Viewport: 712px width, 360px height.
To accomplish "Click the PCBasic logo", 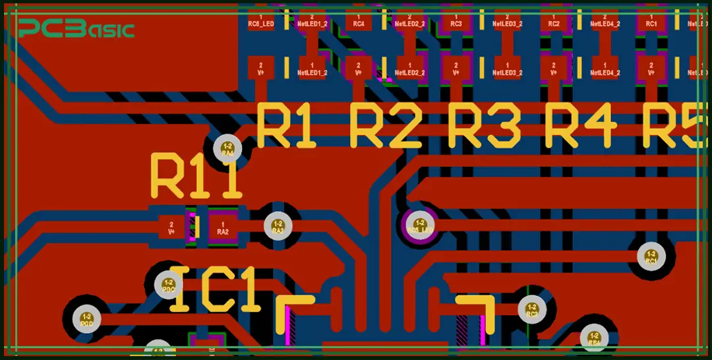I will [x=76, y=28].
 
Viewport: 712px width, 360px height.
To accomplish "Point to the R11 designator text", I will [x=196, y=176].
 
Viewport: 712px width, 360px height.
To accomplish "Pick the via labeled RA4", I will [x=228, y=149].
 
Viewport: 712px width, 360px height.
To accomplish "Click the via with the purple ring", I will [x=420, y=226].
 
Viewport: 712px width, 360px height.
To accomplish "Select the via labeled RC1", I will [x=651, y=256].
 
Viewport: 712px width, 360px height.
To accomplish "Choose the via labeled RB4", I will [x=594, y=338].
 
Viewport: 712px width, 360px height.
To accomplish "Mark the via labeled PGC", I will [x=168, y=285].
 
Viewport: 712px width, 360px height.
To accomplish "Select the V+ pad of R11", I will [x=171, y=227].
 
